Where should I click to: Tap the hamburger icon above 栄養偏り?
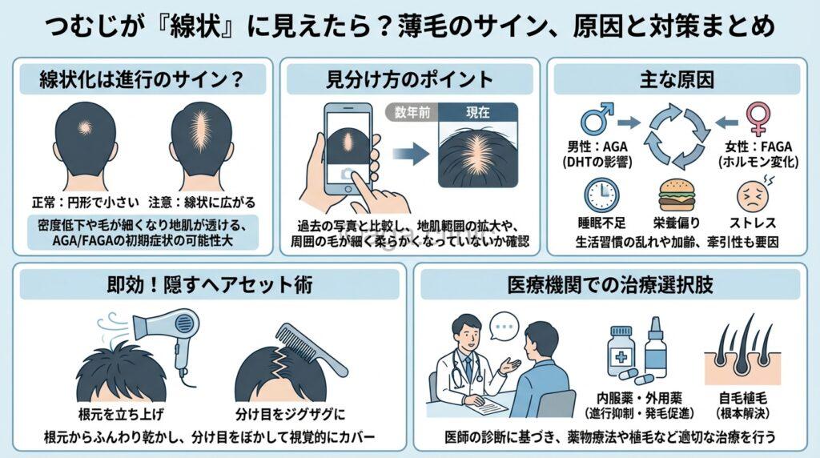click(x=674, y=195)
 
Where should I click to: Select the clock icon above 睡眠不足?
click(x=600, y=195)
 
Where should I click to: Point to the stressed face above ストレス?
click(x=751, y=195)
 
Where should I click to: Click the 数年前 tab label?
click(x=412, y=113)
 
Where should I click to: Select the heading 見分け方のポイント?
click(x=409, y=80)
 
